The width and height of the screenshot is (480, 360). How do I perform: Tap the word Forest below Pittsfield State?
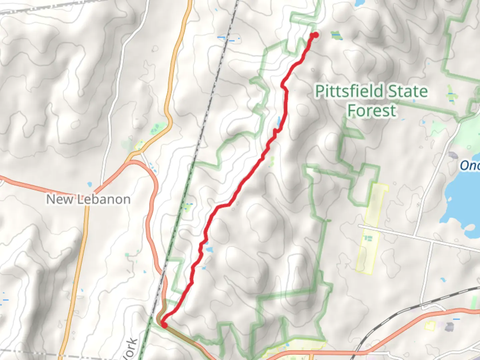point(372,110)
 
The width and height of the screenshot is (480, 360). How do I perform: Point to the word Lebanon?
point(104,199)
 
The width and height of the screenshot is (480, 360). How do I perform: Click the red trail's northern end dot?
point(315,35)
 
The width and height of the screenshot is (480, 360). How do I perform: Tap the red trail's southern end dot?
point(164,324)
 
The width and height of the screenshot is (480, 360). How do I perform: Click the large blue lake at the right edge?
point(462,207)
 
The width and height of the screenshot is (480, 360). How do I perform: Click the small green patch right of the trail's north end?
point(336,35)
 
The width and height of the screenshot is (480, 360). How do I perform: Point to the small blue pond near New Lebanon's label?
point(89,184)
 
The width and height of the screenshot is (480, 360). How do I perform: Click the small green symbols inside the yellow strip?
point(368,238)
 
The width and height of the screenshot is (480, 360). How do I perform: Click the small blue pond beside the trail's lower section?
point(209,249)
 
